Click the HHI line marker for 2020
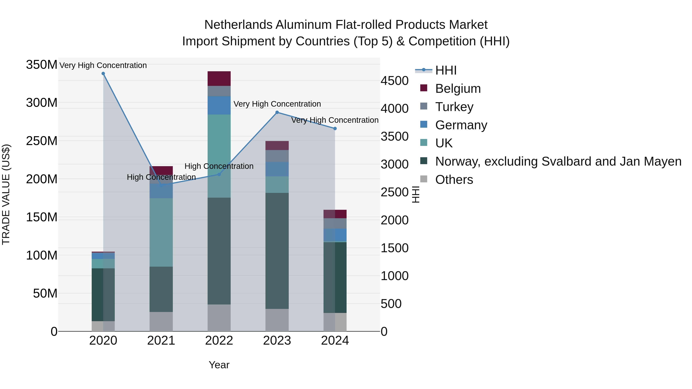(103, 74)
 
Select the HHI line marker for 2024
(335, 129)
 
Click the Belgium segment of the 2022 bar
(219, 79)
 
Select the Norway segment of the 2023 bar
(277, 251)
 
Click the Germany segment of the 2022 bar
(219, 105)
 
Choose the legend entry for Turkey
(454, 107)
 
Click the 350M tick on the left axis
(42, 65)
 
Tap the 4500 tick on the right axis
(394, 81)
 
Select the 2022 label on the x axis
(219, 341)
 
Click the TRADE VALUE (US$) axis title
(6, 194)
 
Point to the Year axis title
(219, 365)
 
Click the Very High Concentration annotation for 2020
(103, 65)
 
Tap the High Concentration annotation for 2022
(219, 166)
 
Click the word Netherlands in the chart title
(238, 25)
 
